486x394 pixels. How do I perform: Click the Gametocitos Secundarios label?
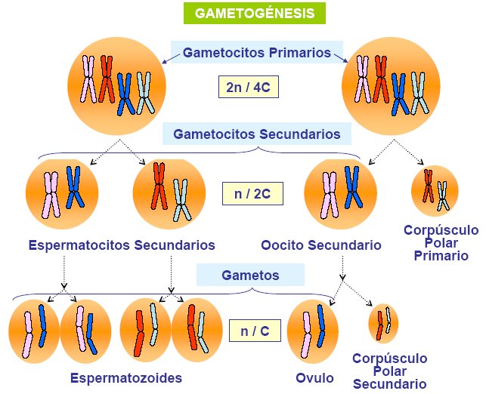click(257, 134)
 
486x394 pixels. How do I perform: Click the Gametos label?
click(249, 275)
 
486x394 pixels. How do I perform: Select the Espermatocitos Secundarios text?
click(122, 245)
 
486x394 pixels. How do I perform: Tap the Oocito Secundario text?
click(320, 245)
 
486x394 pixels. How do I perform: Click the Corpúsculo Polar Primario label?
click(441, 242)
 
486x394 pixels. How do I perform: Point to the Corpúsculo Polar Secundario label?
click(389, 371)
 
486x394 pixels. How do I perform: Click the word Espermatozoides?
click(126, 377)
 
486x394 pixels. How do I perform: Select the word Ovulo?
click(314, 377)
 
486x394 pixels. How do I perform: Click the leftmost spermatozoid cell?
click(34, 329)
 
